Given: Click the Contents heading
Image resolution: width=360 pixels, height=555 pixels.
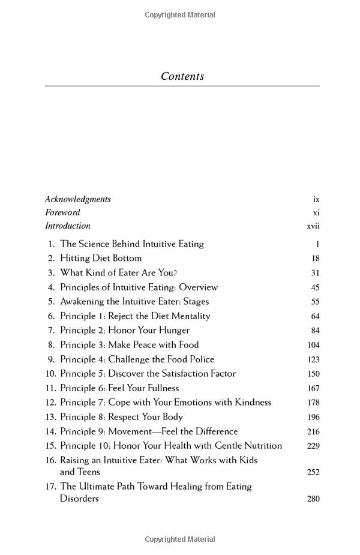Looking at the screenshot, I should click(x=182, y=76).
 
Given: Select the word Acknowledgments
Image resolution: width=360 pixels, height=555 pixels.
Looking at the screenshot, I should click(x=78, y=199).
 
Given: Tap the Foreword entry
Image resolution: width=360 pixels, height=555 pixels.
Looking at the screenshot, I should click(x=62, y=212).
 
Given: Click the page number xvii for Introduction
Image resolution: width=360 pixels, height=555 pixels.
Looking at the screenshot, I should click(x=313, y=226).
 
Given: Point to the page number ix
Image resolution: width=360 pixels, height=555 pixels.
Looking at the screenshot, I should click(x=316, y=199).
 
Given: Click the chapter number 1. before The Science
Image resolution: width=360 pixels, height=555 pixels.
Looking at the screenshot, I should click(x=52, y=244).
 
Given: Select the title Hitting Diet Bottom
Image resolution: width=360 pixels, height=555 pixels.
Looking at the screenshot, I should click(x=101, y=259).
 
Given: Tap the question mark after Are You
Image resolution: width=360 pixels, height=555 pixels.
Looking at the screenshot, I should click(x=175, y=273).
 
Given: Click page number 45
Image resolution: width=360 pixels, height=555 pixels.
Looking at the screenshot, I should click(x=315, y=287).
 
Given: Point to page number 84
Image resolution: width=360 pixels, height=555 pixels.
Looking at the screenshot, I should click(x=315, y=331).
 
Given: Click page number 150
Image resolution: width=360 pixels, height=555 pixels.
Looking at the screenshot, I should click(x=313, y=374).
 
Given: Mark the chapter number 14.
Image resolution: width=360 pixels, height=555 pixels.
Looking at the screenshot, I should click(x=50, y=431).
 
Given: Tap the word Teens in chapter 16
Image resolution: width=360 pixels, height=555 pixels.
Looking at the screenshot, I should click(x=89, y=472).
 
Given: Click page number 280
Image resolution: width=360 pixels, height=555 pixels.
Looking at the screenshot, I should click(x=313, y=499).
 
